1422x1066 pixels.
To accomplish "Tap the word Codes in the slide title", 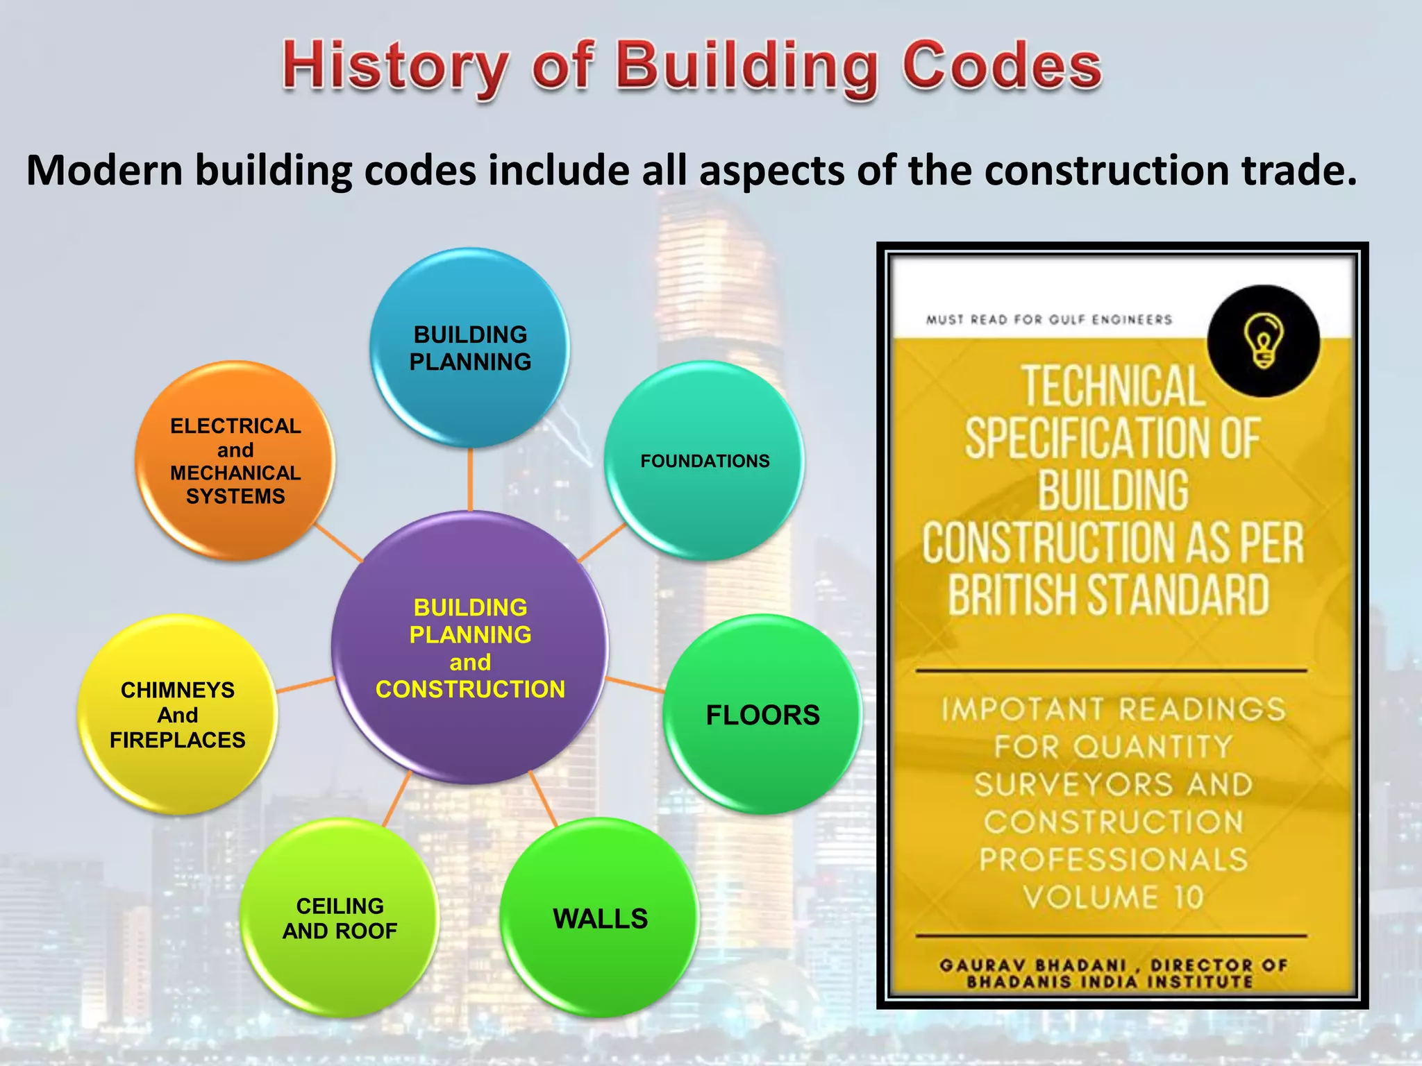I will (x=1001, y=65).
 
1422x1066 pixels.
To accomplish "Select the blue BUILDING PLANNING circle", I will (x=470, y=348).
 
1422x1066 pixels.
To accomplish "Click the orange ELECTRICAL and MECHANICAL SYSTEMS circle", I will (x=235, y=460).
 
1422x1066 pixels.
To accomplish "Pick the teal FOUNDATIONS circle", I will (x=705, y=461).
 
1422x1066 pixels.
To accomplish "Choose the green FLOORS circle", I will (x=762, y=715).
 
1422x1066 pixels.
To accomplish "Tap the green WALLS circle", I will (x=600, y=918).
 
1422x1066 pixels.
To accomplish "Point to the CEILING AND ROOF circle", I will (x=340, y=918).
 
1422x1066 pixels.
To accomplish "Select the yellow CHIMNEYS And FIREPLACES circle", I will (x=178, y=715).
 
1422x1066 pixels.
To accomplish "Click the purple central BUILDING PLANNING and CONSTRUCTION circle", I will (x=470, y=648).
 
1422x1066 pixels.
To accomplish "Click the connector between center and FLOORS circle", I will (x=635, y=684).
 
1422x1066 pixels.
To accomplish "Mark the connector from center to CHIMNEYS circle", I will (x=306, y=685).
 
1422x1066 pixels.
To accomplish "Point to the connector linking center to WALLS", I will (x=543, y=798).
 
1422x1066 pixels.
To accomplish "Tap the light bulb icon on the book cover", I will (x=1263, y=340).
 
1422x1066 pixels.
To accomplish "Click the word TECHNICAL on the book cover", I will (x=1113, y=387).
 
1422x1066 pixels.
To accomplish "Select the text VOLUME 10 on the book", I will (x=1113, y=897).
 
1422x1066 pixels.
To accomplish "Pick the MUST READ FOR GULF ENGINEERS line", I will (x=1048, y=319).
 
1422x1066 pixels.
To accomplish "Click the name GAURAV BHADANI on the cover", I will (x=1032, y=965).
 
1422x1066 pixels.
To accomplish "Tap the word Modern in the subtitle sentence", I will (x=104, y=170).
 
